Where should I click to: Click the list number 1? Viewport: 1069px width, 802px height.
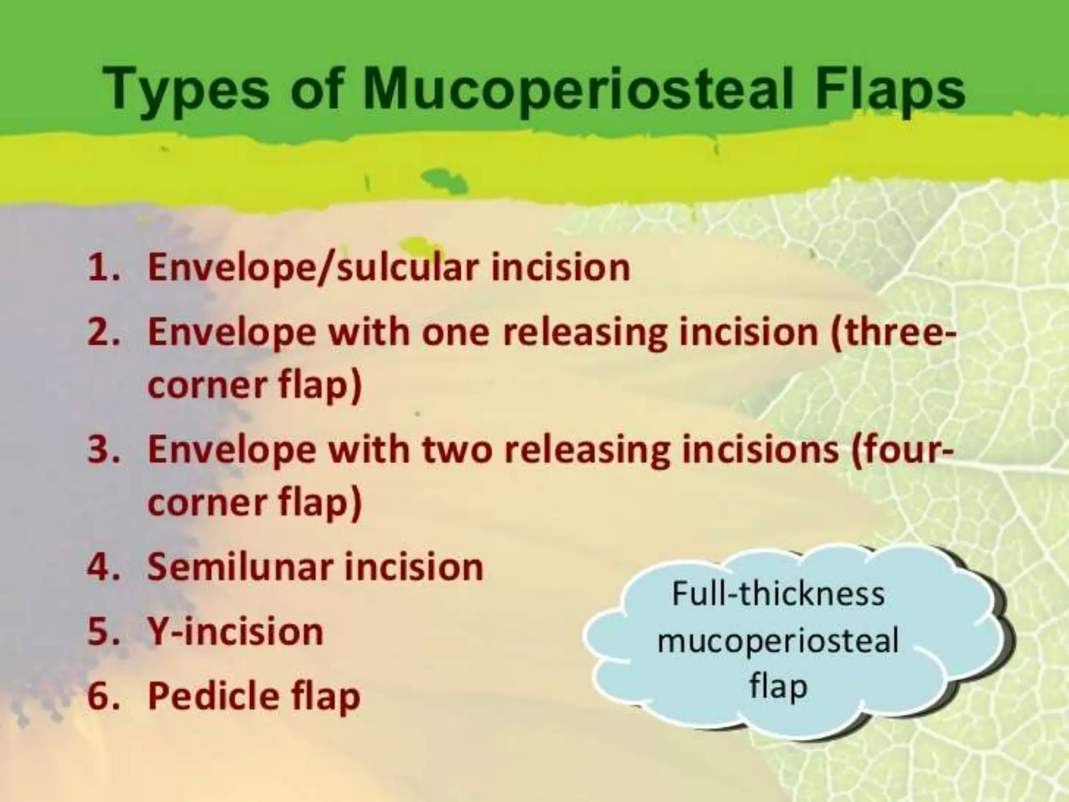point(99,267)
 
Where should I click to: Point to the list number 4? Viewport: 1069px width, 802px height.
point(99,567)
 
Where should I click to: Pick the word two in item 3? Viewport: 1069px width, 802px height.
point(457,450)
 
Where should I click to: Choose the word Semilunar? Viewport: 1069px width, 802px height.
point(240,567)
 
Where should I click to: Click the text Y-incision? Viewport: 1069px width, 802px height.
point(235,632)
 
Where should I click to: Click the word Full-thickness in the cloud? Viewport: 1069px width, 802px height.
point(778,594)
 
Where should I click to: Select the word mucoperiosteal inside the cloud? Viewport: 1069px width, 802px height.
point(778,640)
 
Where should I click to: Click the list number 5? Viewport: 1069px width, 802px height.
point(99,632)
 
